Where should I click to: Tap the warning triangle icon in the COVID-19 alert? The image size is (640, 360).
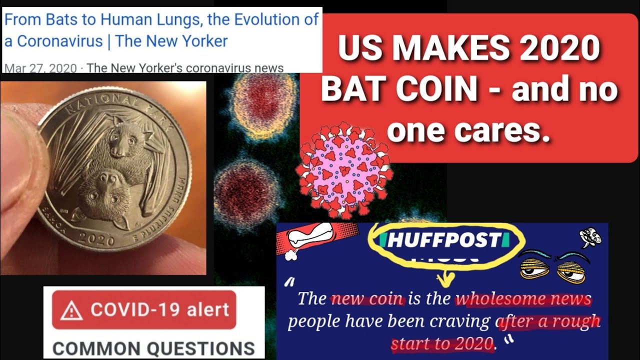coord(71,311)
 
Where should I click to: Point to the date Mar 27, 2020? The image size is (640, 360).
coord(40,68)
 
